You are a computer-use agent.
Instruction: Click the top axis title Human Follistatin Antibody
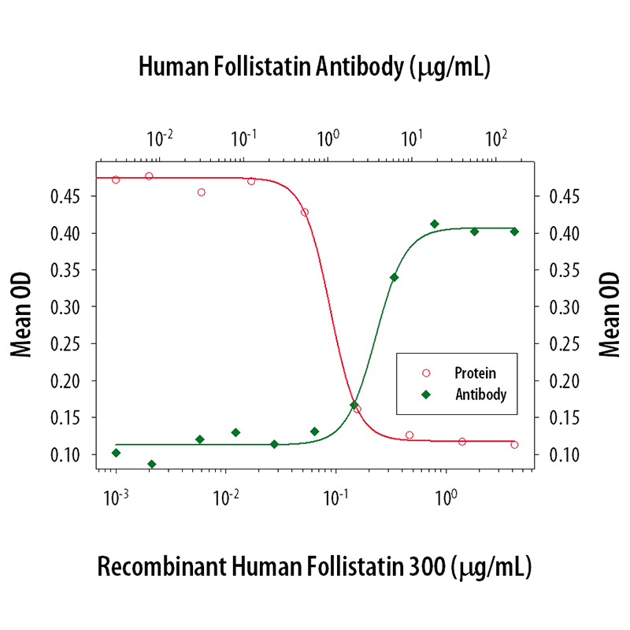pos(315,68)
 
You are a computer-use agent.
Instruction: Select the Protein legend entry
pos(464,372)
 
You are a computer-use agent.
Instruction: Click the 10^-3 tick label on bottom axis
pos(116,497)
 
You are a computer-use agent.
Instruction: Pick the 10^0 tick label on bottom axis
pos(447,497)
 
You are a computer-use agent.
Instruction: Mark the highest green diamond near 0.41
pos(434,224)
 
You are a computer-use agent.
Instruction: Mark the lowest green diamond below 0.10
pos(151,464)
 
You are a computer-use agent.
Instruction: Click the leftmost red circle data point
pos(116,180)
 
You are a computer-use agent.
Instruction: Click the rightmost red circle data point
pos(514,445)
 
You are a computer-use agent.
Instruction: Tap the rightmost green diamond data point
pos(514,232)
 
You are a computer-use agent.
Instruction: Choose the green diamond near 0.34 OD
pos(394,277)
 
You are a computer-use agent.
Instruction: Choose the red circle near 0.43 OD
pos(305,212)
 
